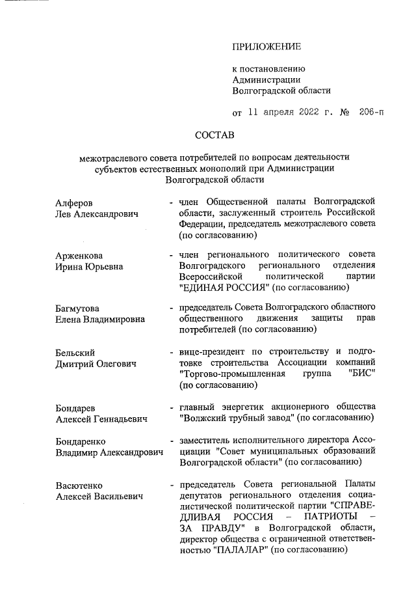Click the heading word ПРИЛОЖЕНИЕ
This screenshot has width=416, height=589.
coord(266,46)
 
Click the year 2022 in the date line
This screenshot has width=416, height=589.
coord(313,112)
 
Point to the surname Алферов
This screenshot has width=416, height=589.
coord(73,203)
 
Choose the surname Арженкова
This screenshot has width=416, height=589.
coord(79,255)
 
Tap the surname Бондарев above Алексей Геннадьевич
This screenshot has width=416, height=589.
coord(76,407)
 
